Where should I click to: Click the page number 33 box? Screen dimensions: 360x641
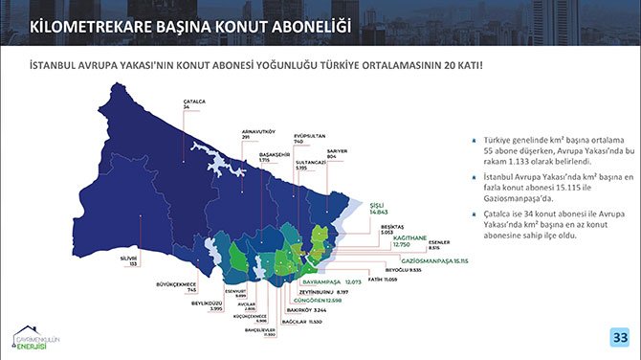click(619, 337)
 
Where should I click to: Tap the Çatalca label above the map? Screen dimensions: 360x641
click(194, 103)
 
